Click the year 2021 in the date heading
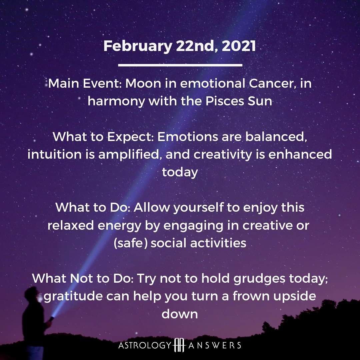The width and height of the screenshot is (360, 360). (239, 46)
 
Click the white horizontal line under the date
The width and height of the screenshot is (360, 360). (180, 65)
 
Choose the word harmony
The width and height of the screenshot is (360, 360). (116, 101)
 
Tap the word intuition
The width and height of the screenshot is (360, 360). (54, 154)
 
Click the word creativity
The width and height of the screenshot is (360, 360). (223, 155)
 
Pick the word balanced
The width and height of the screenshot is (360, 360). (276, 137)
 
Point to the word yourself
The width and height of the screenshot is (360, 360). (198, 208)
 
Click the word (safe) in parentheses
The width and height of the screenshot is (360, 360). (131, 243)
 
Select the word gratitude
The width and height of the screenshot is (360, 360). (73, 296)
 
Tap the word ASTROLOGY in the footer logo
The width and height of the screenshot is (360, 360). (145, 345)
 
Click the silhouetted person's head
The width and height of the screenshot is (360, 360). (32, 294)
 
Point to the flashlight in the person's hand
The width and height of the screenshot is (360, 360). (52, 318)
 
